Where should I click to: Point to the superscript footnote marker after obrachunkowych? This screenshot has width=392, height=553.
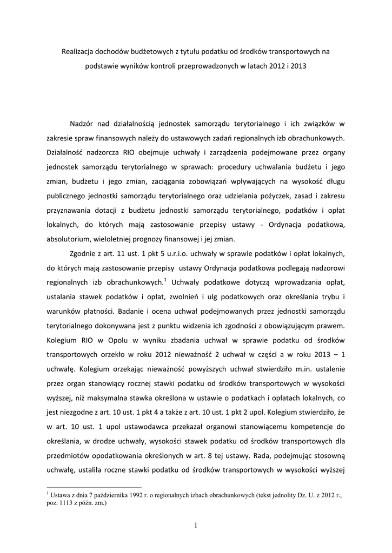pos(165,279)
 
